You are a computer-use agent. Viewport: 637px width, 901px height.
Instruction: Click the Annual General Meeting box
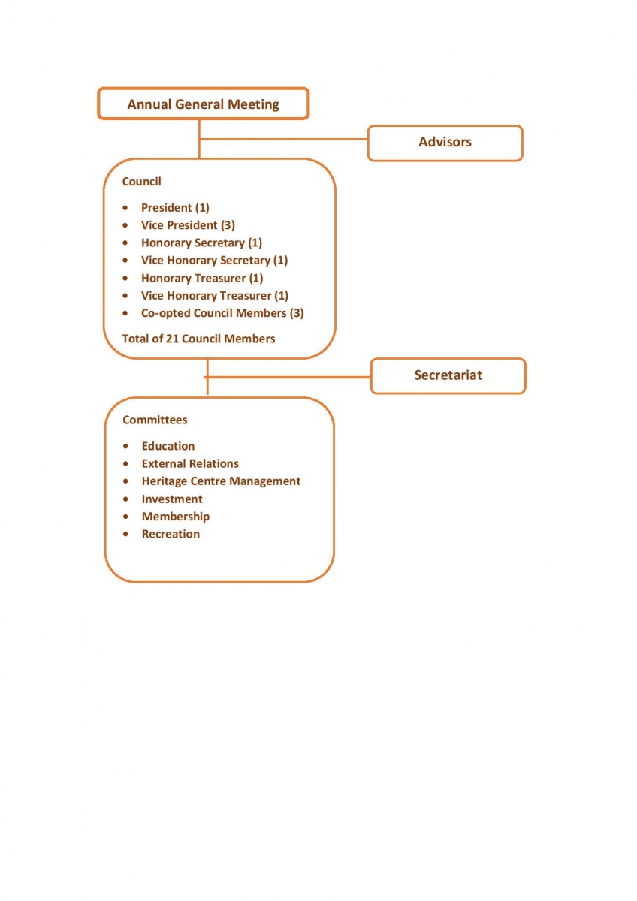click(x=204, y=104)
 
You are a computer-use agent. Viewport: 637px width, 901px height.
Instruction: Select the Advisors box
click(x=445, y=143)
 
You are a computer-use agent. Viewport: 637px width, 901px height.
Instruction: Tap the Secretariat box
click(x=448, y=375)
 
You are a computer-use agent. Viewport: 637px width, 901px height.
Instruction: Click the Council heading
click(x=142, y=182)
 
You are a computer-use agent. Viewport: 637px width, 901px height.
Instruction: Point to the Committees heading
click(x=155, y=420)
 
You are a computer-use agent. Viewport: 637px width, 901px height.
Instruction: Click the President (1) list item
click(x=175, y=207)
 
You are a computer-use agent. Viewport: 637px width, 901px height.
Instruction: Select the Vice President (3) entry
click(x=188, y=225)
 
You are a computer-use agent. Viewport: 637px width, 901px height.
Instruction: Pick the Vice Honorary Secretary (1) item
click(x=215, y=261)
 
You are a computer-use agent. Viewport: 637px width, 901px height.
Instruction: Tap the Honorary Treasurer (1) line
click(x=202, y=278)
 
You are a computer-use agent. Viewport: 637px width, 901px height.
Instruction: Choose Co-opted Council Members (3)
click(x=222, y=313)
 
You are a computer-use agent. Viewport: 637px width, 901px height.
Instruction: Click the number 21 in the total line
click(x=172, y=339)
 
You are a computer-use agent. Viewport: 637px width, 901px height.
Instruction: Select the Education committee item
click(x=168, y=446)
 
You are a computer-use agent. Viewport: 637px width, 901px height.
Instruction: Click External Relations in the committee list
click(x=190, y=463)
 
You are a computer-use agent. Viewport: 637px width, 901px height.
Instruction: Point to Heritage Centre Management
click(x=221, y=481)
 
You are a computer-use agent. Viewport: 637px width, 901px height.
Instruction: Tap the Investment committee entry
click(x=172, y=499)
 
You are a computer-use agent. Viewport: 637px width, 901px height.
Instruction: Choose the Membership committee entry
click(x=176, y=517)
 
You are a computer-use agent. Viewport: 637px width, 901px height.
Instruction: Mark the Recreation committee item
click(x=171, y=534)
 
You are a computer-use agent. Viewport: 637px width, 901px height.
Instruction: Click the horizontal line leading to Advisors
click(x=283, y=139)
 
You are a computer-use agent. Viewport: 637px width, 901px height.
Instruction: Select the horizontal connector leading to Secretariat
click(x=287, y=377)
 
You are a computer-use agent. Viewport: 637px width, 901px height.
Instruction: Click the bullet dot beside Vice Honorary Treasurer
click(x=125, y=296)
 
